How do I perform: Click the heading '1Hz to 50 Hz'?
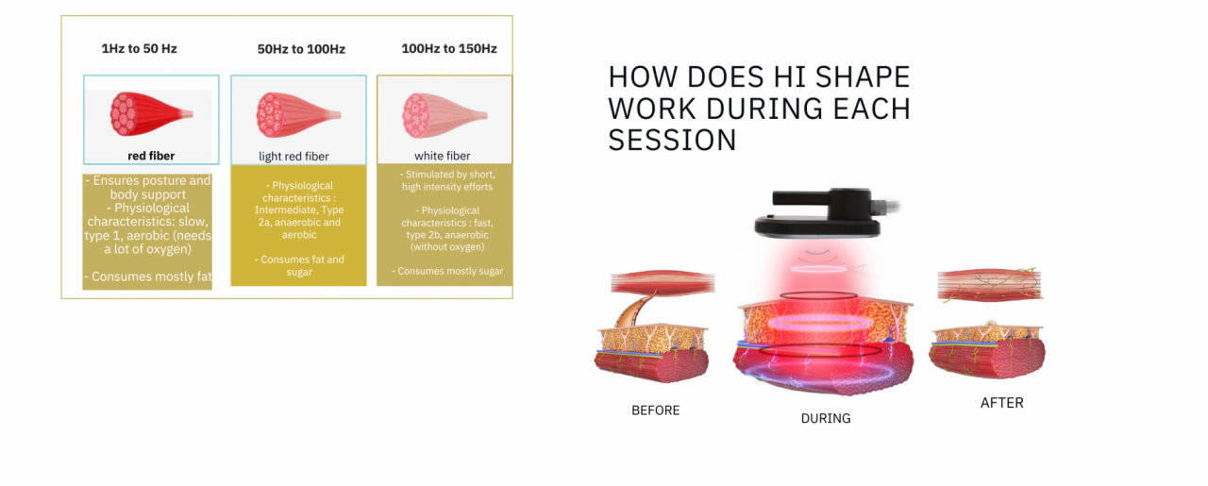tap(139, 48)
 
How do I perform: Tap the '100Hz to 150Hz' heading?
tap(448, 48)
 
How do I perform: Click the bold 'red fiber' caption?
tap(151, 156)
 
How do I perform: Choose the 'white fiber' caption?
tap(442, 156)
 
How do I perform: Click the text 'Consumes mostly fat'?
tap(148, 277)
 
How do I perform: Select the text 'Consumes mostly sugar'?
tap(447, 271)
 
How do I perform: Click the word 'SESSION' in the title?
tap(672, 141)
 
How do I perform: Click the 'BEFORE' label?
tap(655, 411)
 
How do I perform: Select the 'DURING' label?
tap(826, 418)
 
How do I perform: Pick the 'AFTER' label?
tap(1001, 403)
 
